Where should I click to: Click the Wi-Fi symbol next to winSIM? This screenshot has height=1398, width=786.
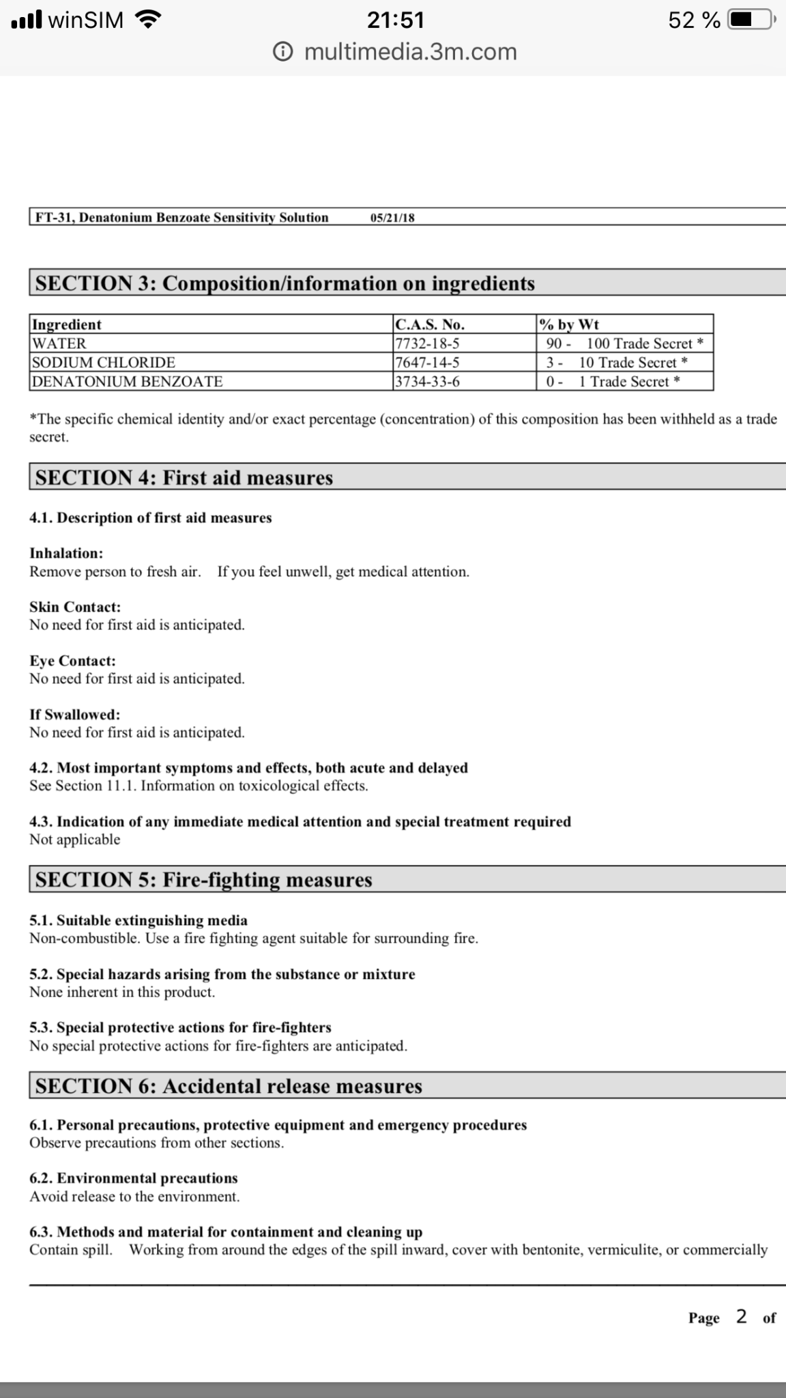pyautogui.click(x=149, y=20)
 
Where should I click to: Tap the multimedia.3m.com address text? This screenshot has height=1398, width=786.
pyautogui.click(x=410, y=52)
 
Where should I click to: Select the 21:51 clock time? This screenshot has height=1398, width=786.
pyautogui.click(x=396, y=20)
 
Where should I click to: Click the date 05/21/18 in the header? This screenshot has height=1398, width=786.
pyautogui.click(x=392, y=218)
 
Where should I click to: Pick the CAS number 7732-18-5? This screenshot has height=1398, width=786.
pyautogui.click(x=427, y=343)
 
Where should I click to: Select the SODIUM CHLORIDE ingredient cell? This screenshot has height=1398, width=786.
pyautogui.click(x=104, y=362)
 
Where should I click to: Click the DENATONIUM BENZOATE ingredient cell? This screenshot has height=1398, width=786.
pyautogui.click(x=128, y=382)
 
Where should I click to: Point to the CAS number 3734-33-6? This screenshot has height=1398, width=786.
pyautogui.click(x=427, y=382)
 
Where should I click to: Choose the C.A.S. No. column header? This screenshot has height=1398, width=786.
pyautogui.click(x=430, y=324)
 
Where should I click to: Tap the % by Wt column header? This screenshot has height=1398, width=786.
pyautogui.click(x=569, y=324)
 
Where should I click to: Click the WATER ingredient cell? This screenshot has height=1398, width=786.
pyautogui.click(x=59, y=343)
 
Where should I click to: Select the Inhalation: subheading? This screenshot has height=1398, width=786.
pyautogui.click(x=66, y=554)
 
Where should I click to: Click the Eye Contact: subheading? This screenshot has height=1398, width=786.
pyautogui.click(x=72, y=661)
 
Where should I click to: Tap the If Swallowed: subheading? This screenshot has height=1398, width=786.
pyautogui.click(x=74, y=715)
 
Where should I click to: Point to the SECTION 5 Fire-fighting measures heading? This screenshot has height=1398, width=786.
pyautogui.click(x=204, y=880)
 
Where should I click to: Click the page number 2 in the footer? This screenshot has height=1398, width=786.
pyautogui.click(x=741, y=1317)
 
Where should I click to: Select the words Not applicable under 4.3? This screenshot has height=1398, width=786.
pyautogui.click(x=74, y=840)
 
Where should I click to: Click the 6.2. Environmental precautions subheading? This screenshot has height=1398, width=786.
pyautogui.click(x=134, y=1178)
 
